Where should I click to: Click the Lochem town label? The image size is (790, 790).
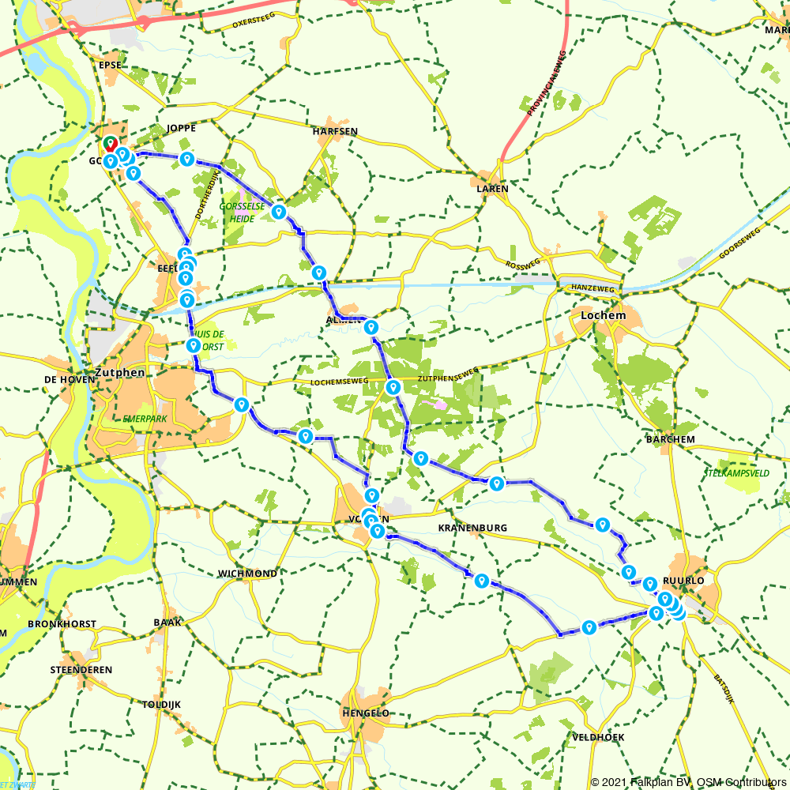(x=603, y=315)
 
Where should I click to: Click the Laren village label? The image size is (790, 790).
(x=492, y=190)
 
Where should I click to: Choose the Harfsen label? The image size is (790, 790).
(x=335, y=131)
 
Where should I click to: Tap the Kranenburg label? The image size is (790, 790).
(x=472, y=527)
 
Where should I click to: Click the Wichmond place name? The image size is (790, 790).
(x=247, y=573)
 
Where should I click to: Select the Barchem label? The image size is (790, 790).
(x=670, y=439)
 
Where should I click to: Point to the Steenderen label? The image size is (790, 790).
(x=81, y=669)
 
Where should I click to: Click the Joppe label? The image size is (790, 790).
(x=181, y=128)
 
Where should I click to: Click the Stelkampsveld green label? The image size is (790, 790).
(x=736, y=473)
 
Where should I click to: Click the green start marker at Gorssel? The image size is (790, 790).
(x=109, y=143)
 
